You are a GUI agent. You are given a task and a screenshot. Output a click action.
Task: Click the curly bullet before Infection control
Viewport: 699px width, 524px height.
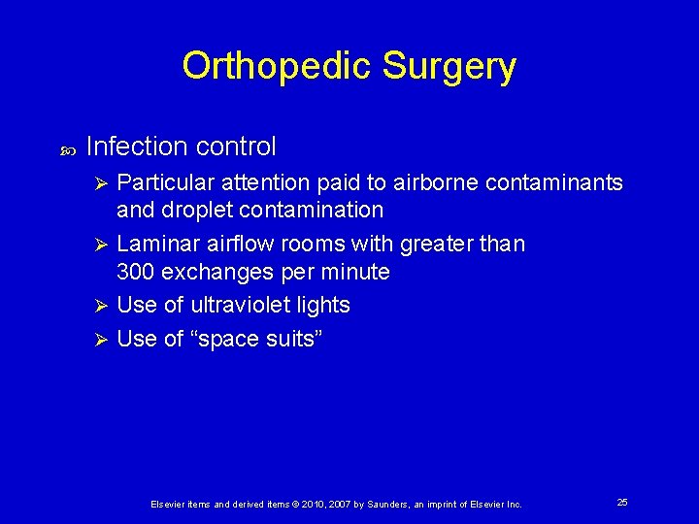click(68, 150)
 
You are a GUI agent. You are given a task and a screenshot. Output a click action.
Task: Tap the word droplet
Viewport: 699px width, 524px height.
click(203, 210)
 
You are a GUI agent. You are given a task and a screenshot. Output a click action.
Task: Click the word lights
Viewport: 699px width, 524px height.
click(322, 305)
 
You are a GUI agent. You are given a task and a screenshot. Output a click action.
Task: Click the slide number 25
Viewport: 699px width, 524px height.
click(622, 502)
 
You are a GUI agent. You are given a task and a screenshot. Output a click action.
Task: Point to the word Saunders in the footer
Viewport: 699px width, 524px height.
click(377, 505)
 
